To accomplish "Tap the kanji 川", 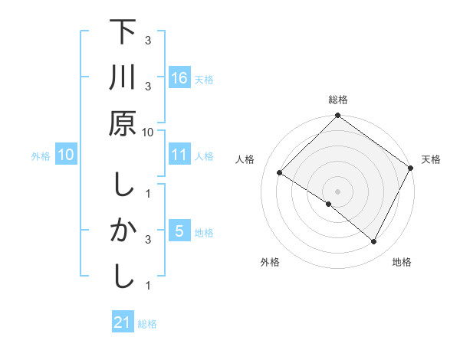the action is point(123,78).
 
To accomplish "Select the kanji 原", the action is point(123,123).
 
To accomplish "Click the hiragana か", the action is point(123,231).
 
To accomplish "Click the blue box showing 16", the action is point(179,77).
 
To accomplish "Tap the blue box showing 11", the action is point(179,155).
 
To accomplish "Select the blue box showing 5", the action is point(179,231).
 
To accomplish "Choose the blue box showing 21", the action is point(123,322).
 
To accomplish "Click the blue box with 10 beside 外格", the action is point(66,155).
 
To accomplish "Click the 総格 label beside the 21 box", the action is point(147,324).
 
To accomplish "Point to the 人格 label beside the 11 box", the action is point(204,155).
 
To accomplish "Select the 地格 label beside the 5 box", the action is point(204,232).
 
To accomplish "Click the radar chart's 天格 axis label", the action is point(431,159).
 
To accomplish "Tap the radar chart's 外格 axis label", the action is point(270,262).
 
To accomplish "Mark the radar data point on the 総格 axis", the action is point(337,117).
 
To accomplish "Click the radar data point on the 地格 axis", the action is point(374,242).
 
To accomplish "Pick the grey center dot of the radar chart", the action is point(337,191).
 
